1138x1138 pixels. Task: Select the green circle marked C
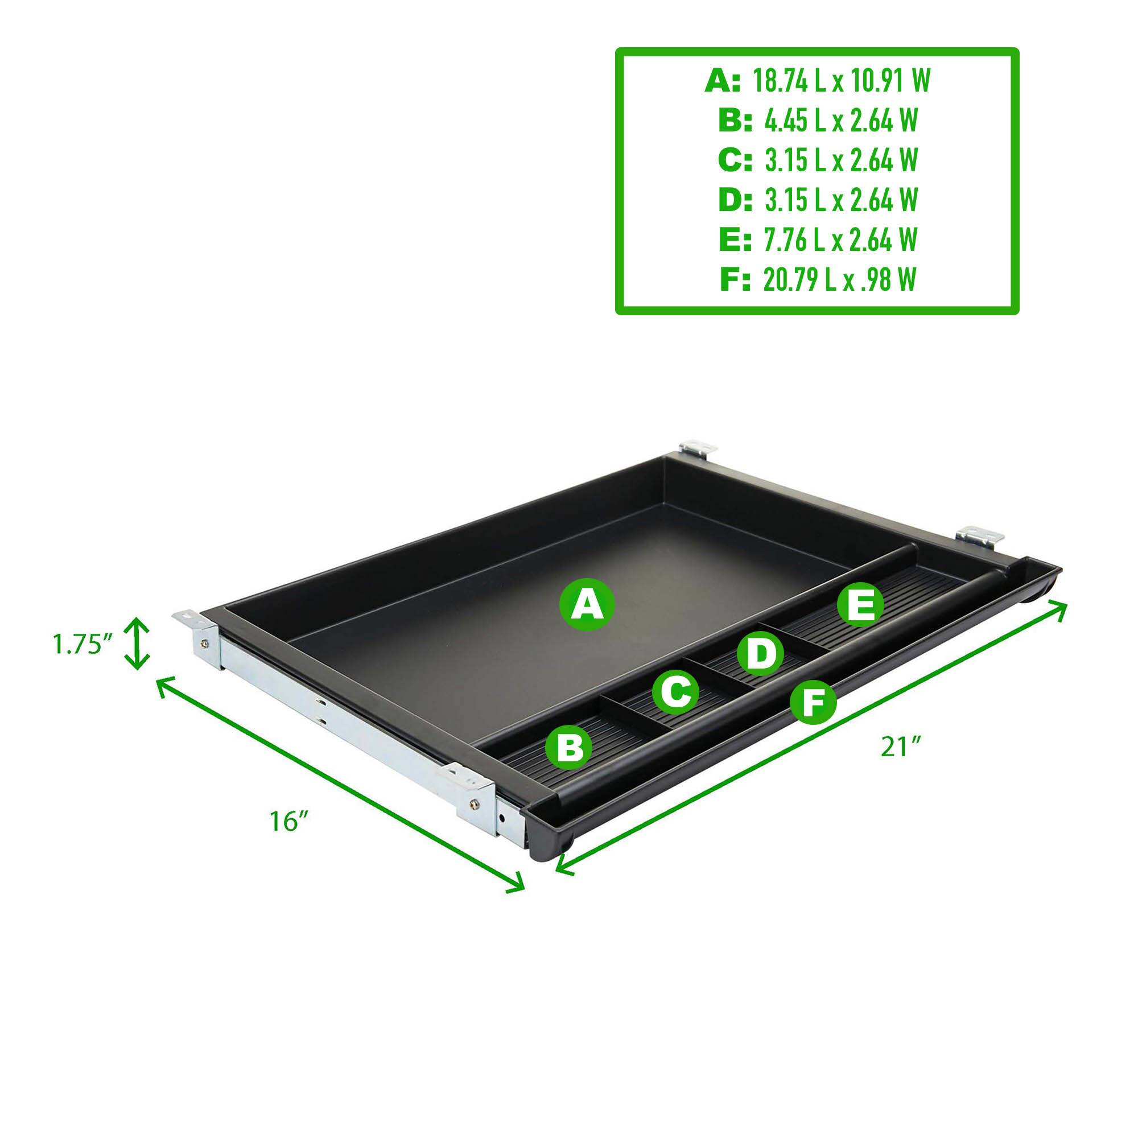[675, 691]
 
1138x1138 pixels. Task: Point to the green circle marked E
[860, 606]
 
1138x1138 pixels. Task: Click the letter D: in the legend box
[735, 200]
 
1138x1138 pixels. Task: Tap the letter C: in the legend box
[735, 160]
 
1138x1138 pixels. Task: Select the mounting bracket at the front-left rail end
[475, 793]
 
